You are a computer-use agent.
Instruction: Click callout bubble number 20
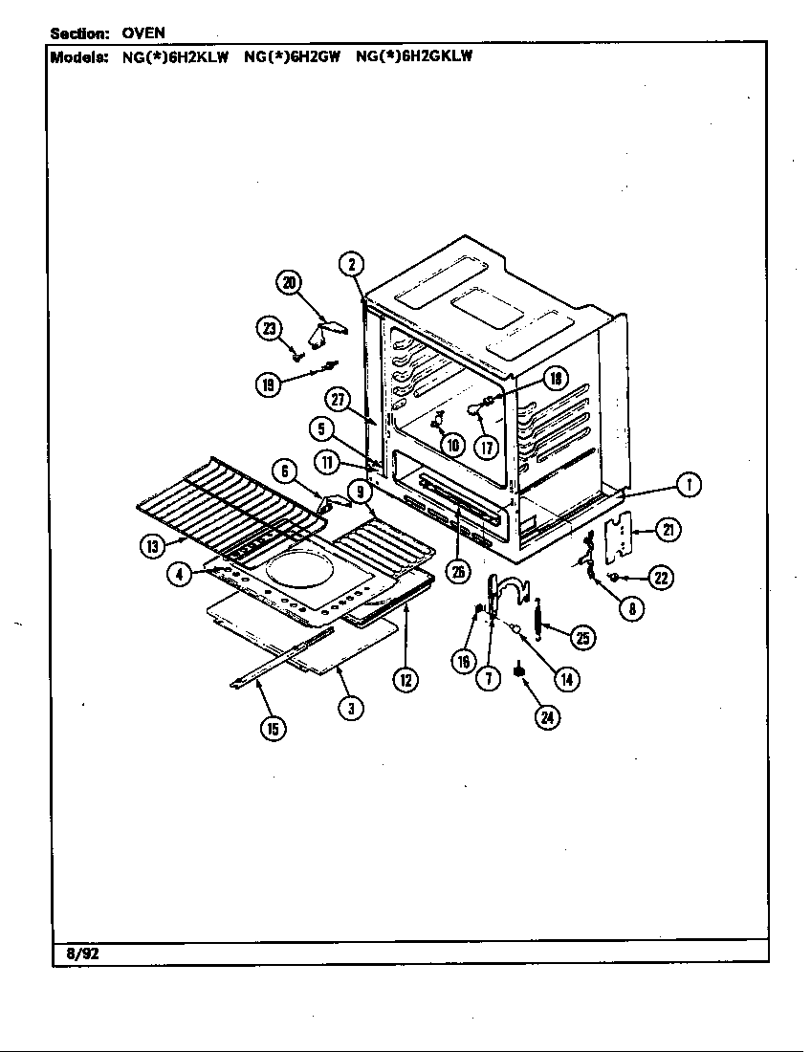coord(289,282)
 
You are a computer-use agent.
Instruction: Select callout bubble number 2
coord(352,264)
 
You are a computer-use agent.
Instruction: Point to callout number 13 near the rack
coord(151,546)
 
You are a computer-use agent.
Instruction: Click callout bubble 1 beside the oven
coord(687,485)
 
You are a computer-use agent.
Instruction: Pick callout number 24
coord(547,718)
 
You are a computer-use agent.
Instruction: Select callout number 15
coord(273,729)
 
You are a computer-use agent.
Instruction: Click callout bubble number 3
coord(352,708)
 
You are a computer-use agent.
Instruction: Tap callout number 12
coord(405,680)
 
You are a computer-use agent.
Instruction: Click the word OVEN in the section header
coord(143,33)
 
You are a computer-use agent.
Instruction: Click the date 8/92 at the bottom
coord(82,953)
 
